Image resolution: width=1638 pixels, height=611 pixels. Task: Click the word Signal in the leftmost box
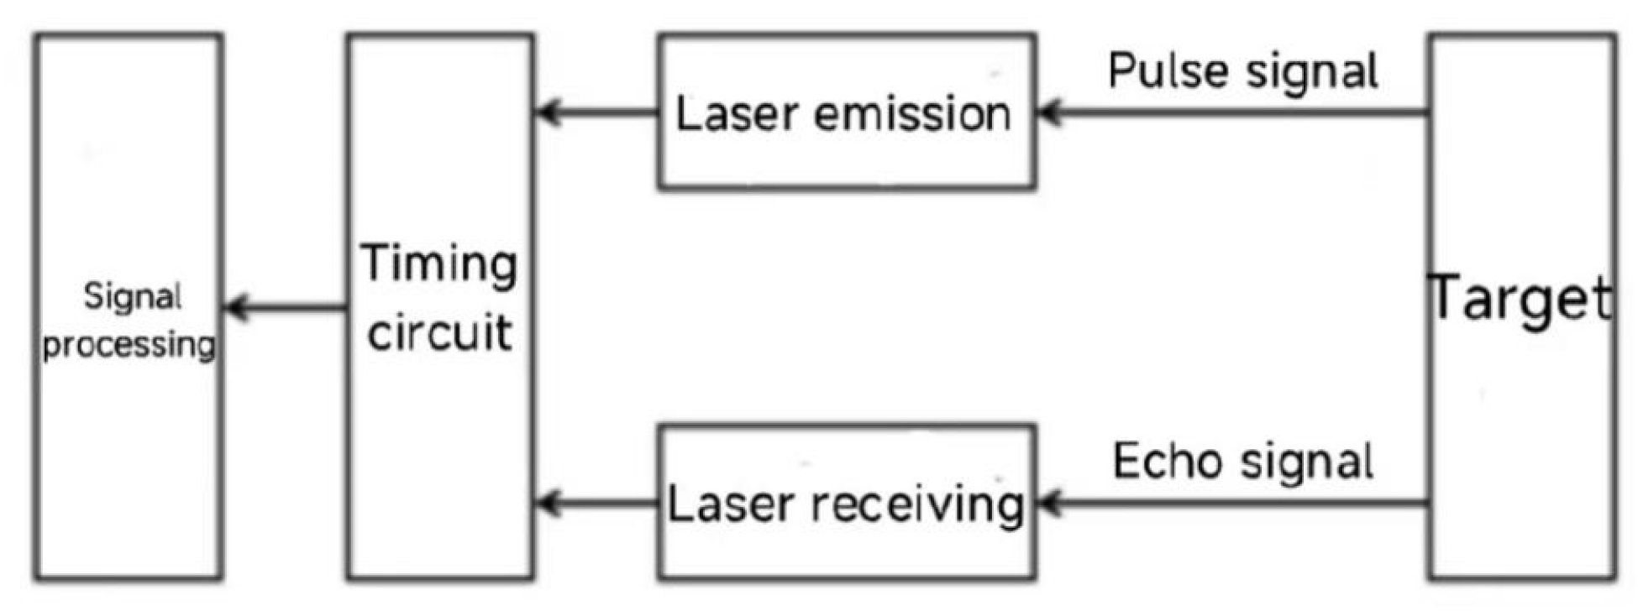point(132,296)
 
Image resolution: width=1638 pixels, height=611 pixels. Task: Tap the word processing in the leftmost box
point(129,344)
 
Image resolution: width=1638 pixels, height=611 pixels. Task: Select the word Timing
point(438,264)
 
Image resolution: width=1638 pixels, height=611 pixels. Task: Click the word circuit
point(439,333)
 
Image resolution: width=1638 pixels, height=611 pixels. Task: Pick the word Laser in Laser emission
point(736,114)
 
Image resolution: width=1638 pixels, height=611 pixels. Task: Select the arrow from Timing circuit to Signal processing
point(286,307)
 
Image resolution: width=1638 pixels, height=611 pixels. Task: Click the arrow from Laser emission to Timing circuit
point(596,112)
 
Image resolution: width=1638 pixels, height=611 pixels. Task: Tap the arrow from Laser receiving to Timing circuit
point(596,504)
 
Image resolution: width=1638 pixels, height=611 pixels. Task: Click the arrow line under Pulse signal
point(1235,112)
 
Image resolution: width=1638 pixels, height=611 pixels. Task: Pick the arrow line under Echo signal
point(1235,504)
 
